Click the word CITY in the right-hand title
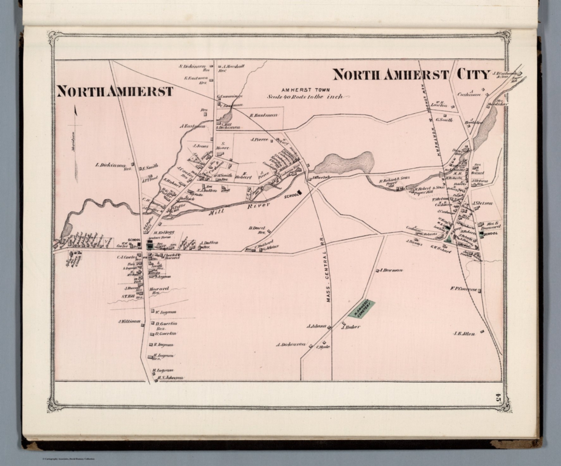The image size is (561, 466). click(x=472, y=74)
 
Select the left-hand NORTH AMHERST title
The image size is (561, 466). click(x=115, y=91)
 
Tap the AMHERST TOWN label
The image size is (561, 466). click(x=305, y=90)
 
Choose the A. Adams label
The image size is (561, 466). click(x=316, y=326)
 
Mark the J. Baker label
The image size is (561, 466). click(x=351, y=327)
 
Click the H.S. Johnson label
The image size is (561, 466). click(x=170, y=378)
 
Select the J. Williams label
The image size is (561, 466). click(x=129, y=321)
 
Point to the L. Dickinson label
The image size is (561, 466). click(x=110, y=165)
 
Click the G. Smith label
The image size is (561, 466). click(x=444, y=120)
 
